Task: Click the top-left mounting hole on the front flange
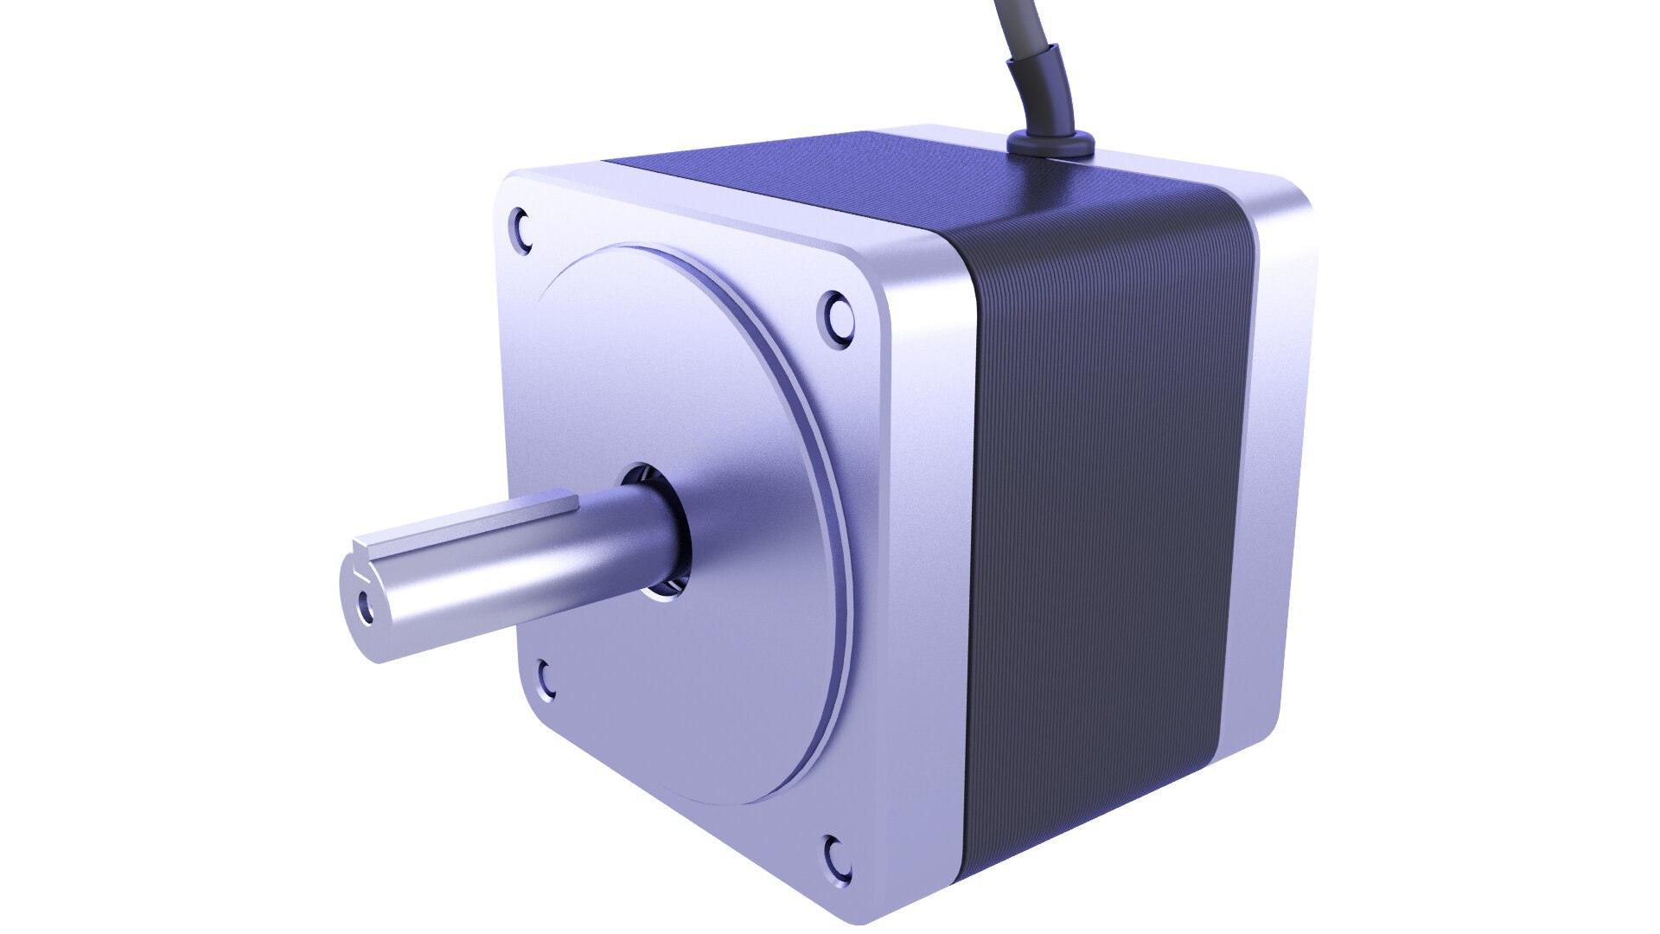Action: click(522, 229)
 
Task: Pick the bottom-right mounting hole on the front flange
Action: click(837, 863)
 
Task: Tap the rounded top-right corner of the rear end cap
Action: click(1293, 199)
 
